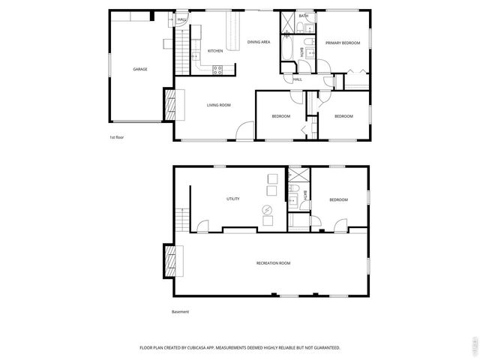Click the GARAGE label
[x=140, y=69]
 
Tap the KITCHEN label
[x=215, y=51]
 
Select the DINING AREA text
[x=259, y=42]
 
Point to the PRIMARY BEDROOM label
[x=343, y=43]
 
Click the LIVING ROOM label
[x=219, y=105]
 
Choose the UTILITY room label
[x=233, y=199]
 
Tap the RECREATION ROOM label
[x=273, y=263]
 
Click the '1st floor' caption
[x=116, y=138]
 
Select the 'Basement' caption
[x=180, y=312]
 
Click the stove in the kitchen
[x=217, y=70]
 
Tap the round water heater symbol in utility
[x=266, y=210]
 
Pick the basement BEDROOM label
[x=338, y=199]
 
